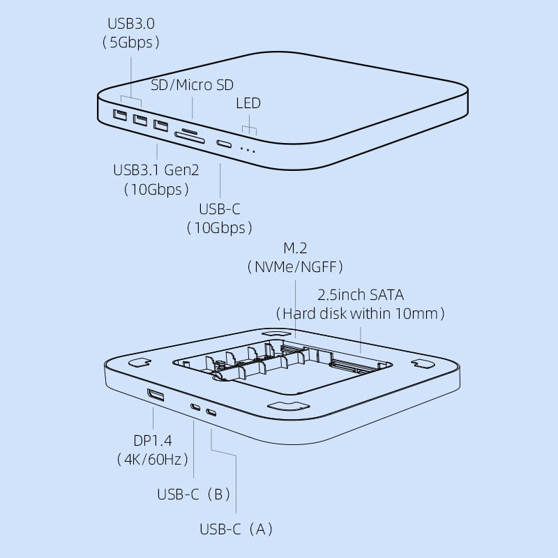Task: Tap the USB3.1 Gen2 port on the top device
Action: [161, 126]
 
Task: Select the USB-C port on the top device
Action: [225, 144]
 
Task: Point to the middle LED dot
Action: [248, 150]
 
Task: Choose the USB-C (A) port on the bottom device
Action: [211, 413]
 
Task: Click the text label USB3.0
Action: [130, 24]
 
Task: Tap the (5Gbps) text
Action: [130, 43]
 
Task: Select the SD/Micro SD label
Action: [193, 85]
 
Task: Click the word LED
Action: [248, 103]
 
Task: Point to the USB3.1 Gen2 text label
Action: [157, 170]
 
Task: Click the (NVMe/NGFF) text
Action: [295, 267]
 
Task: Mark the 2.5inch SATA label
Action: [361, 294]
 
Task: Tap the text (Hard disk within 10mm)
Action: [361, 313]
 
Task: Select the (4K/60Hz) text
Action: [152, 460]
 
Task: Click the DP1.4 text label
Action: [153, 441]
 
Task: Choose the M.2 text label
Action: [294, 248]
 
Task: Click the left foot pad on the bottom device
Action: [141, 363]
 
